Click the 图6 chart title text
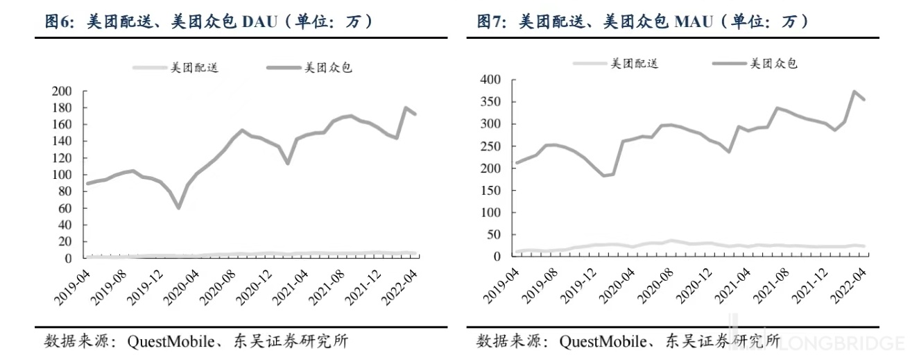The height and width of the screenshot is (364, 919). [208, 21]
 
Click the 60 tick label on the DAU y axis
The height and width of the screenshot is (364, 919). [65, 208]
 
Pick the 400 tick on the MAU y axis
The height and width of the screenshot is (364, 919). [490, 80]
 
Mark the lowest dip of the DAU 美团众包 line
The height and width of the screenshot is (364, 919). [178, 207]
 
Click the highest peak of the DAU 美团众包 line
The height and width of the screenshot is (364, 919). [405, 107]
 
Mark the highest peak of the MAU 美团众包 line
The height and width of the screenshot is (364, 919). [854, 92]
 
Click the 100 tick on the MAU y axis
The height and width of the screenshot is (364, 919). [490, 212]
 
